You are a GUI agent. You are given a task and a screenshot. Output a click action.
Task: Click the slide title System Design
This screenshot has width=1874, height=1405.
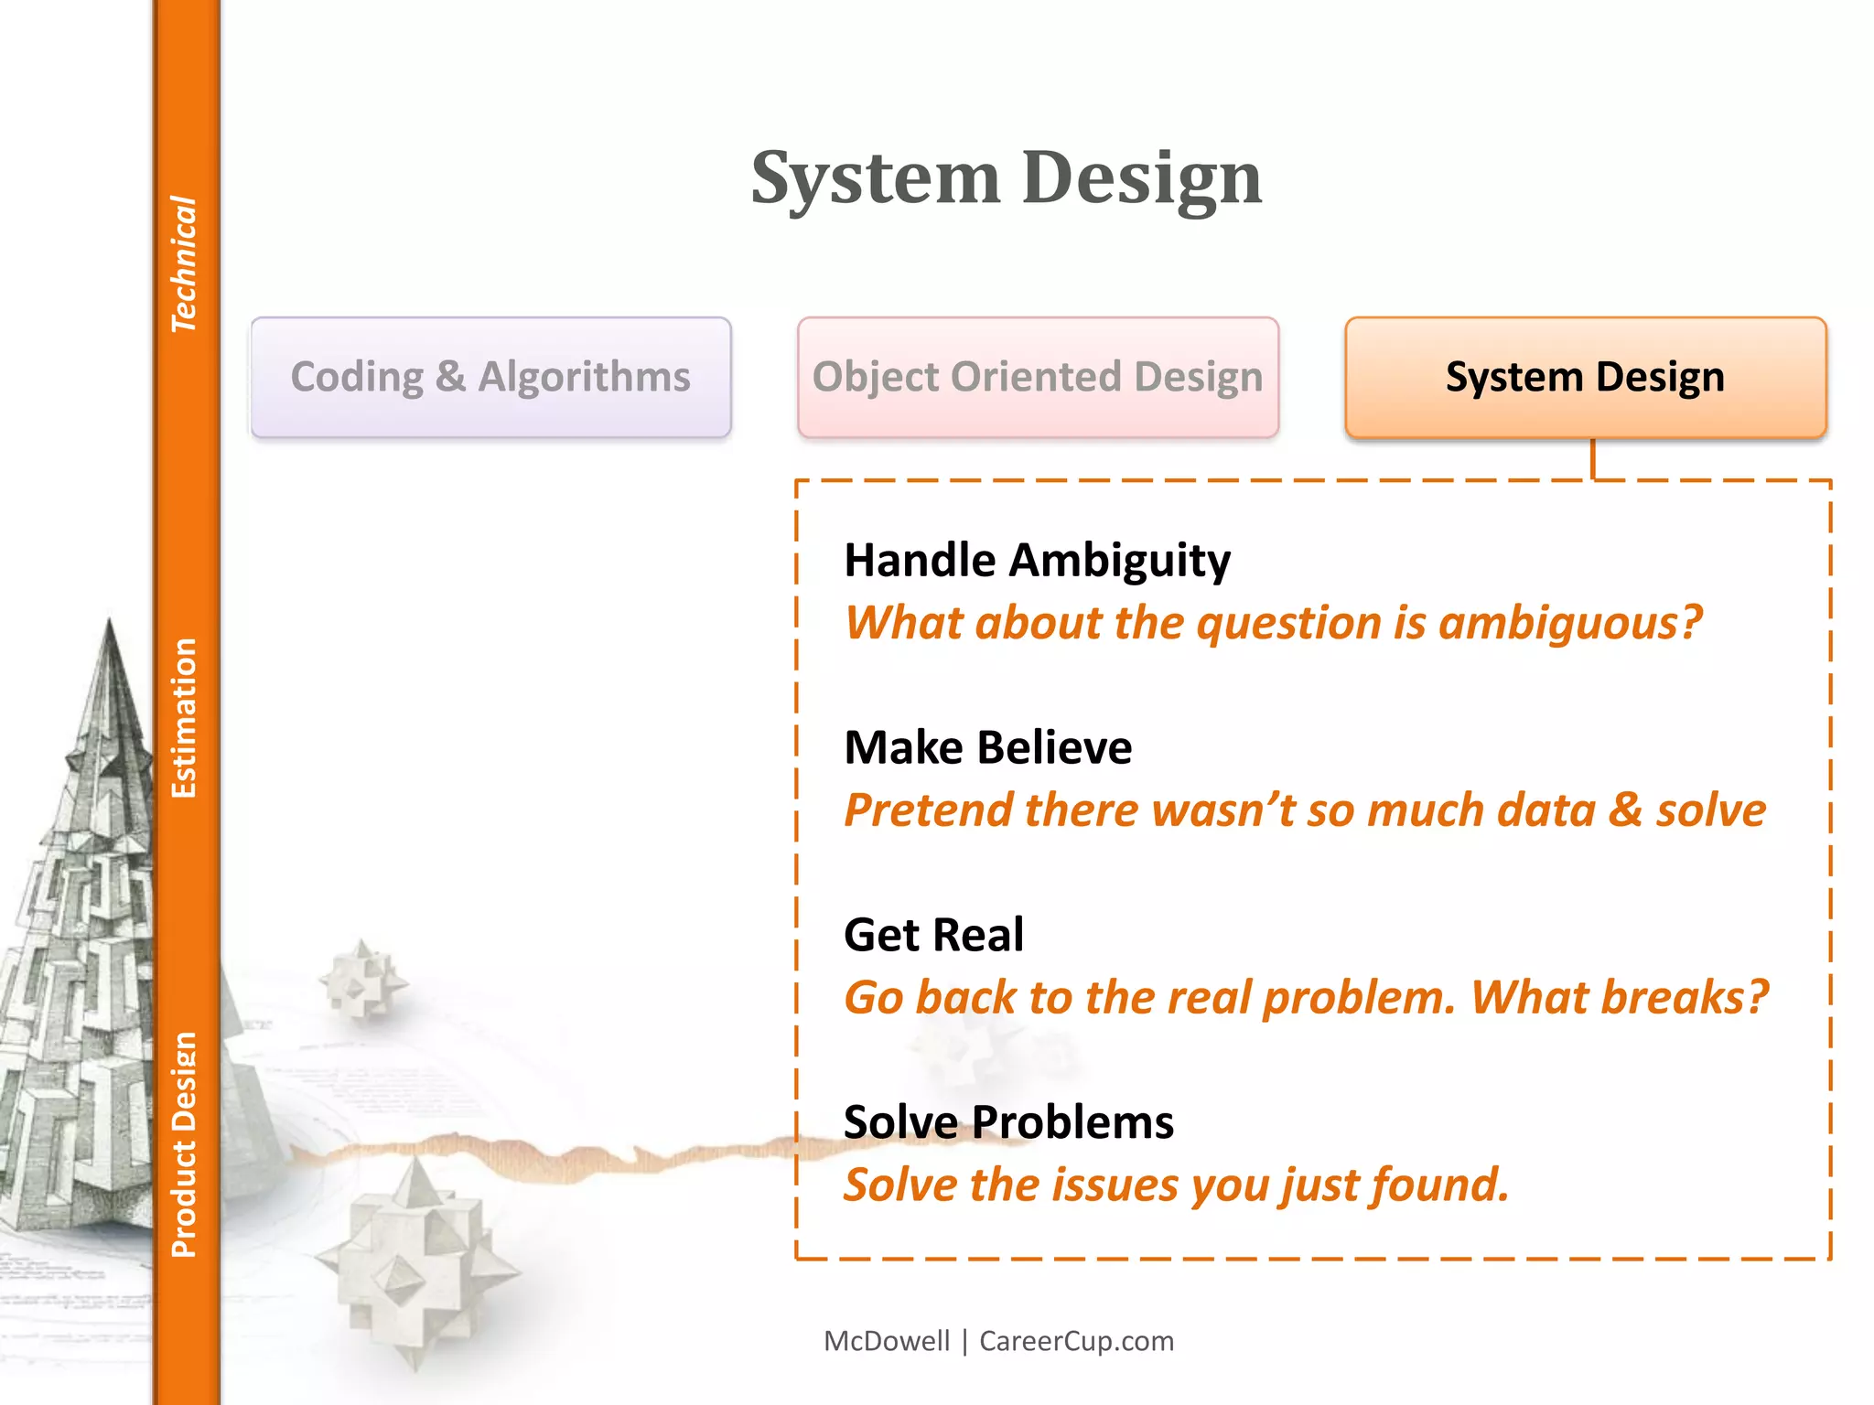tap(1006, 177)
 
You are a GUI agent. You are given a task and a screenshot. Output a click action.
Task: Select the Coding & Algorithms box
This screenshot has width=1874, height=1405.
tap(491, 377)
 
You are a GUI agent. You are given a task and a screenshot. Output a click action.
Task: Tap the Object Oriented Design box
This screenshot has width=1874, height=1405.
tap(1038, 377)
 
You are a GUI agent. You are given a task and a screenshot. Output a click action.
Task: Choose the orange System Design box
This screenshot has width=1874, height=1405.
tap(1585, 377)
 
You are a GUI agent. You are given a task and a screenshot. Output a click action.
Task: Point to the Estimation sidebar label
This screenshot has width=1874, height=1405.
tap(184, 718)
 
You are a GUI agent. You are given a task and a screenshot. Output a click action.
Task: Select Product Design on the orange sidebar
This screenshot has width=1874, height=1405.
tap(184, 1144)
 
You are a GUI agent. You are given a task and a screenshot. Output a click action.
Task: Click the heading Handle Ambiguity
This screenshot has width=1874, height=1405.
tap(1037, 560)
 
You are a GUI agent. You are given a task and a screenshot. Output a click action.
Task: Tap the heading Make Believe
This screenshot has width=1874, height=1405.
tap(987, 747)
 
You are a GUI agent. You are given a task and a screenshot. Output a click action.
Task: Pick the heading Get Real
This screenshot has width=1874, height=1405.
tap(933, 935)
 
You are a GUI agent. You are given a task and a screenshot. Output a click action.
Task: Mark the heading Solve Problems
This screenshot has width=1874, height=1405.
tap(1008, 1122)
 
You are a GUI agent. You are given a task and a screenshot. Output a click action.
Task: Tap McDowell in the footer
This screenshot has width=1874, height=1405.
tap(887, 1341)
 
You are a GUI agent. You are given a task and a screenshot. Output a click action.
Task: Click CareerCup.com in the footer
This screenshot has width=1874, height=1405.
tap(1076, 1341)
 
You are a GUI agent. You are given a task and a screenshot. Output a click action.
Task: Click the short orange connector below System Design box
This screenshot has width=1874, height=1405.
tap(1593, 459)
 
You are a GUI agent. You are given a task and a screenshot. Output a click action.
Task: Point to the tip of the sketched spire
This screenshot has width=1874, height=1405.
tap(110, 622)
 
